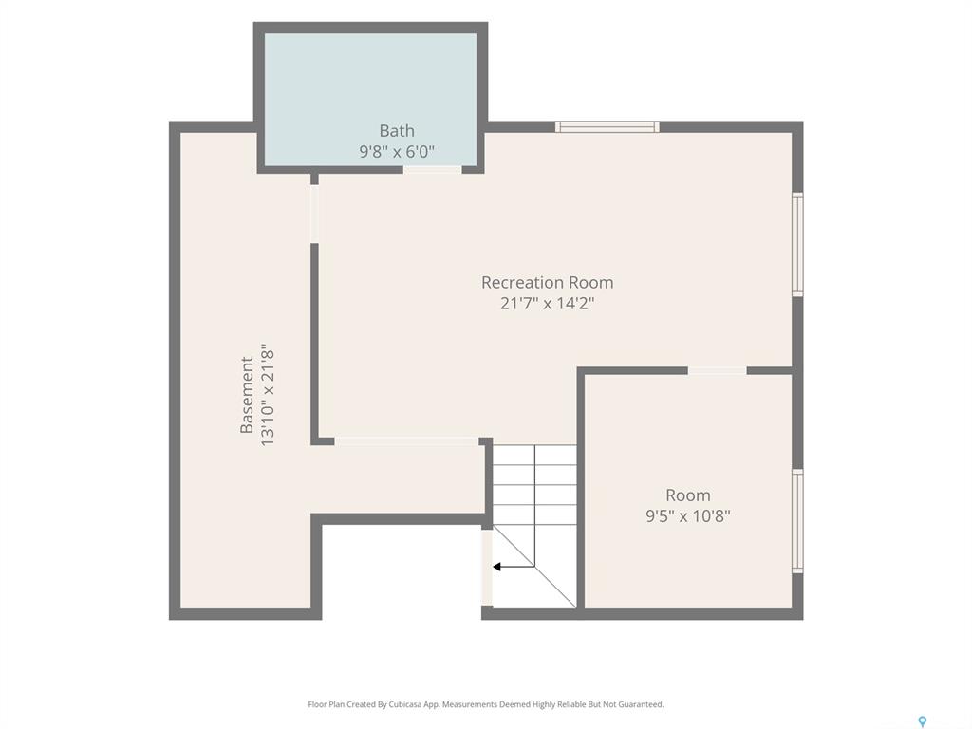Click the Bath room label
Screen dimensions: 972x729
[x=397, y=131]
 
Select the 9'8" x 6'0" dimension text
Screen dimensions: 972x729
[x=397, y=151]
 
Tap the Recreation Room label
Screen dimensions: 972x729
[x=548, y=283]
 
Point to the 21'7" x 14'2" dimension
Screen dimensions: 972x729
[x=548, y=303]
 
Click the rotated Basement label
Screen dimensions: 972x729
[x=247, y=395]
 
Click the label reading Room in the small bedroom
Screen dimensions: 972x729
[x=688, y=495]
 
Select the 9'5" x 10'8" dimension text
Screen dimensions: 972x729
[x=688, y=515]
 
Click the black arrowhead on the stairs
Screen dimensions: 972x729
[x=496, y=567]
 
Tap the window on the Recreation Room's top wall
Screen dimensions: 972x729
[x=607, y=127]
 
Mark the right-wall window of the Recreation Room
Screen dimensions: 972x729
[x=797, y=244]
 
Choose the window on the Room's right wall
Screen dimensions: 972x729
[x=797, y=521]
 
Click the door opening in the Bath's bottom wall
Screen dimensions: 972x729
[x=433, y=169]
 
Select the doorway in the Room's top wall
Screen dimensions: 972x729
[x=718, y=371]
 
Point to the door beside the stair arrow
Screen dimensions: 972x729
[x=487, y=568]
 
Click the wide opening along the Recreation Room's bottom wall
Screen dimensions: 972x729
[x=406, y=441]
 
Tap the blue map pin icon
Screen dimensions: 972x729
[x=923, y=721]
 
